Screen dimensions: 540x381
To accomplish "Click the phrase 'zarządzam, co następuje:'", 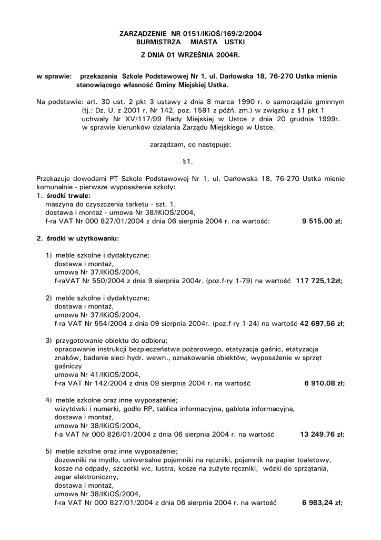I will pos(190,144).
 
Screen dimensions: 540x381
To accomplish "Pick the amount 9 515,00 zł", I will pos(323,222).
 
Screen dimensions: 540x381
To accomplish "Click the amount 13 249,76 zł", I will pos(322,435).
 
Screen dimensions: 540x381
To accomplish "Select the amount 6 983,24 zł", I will pos(323,503).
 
